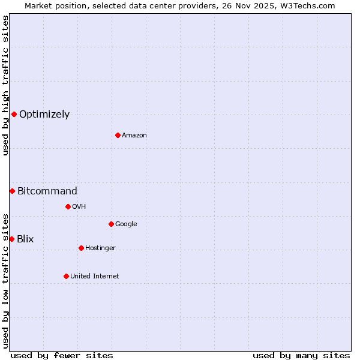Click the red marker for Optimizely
click(14, 114)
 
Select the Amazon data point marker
click(118, 135)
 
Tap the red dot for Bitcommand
click(12, 191)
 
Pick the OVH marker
click(68, 206)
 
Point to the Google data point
click(111, 224)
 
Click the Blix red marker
click(11, 239)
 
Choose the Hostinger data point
click(81, 248)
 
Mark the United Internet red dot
click(66, 276)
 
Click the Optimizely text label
click(44, 115)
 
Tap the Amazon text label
click(134, 136)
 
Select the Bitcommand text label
click(47, 191)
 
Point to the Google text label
click(126, 224)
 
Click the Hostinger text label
click(100, 248)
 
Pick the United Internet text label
click(94, 277)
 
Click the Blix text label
click(25, 239)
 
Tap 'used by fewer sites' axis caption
click(62, 355)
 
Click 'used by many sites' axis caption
click(301, 355)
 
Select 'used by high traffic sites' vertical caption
click(5, 85)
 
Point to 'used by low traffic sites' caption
click(5, 281)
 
